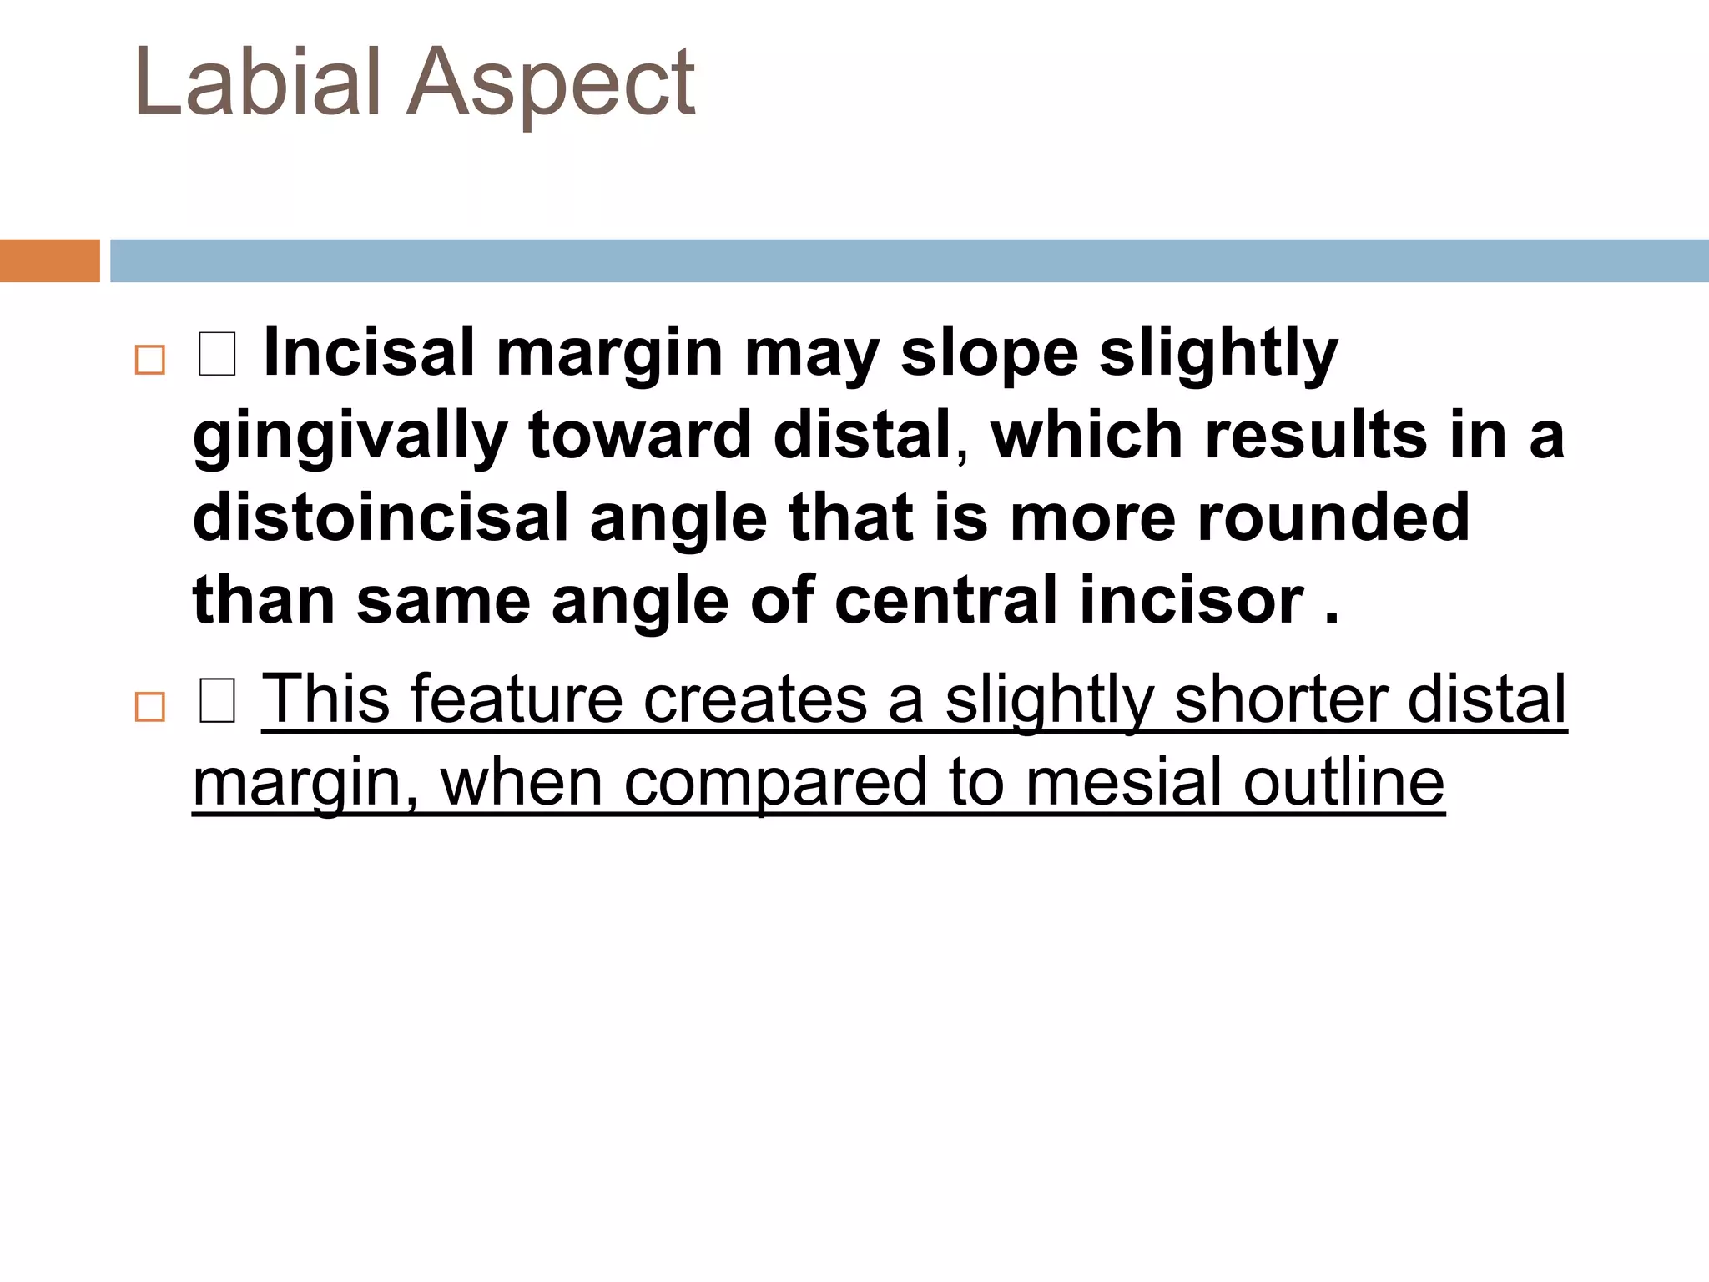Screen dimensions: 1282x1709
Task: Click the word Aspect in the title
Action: click(551, 83)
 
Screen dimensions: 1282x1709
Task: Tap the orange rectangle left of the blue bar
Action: click(49, 260)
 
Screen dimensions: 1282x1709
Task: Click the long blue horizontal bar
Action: click(910, 260)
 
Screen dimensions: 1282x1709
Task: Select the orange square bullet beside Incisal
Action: click(150, 360)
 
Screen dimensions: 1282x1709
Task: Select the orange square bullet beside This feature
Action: click(150, 707)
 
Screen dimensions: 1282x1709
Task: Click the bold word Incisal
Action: click(368, 352)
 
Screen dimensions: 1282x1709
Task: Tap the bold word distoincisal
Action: click(381, 517)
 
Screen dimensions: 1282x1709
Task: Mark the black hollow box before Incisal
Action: click(217, 354)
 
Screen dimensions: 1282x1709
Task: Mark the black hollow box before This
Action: click(217, 701)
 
